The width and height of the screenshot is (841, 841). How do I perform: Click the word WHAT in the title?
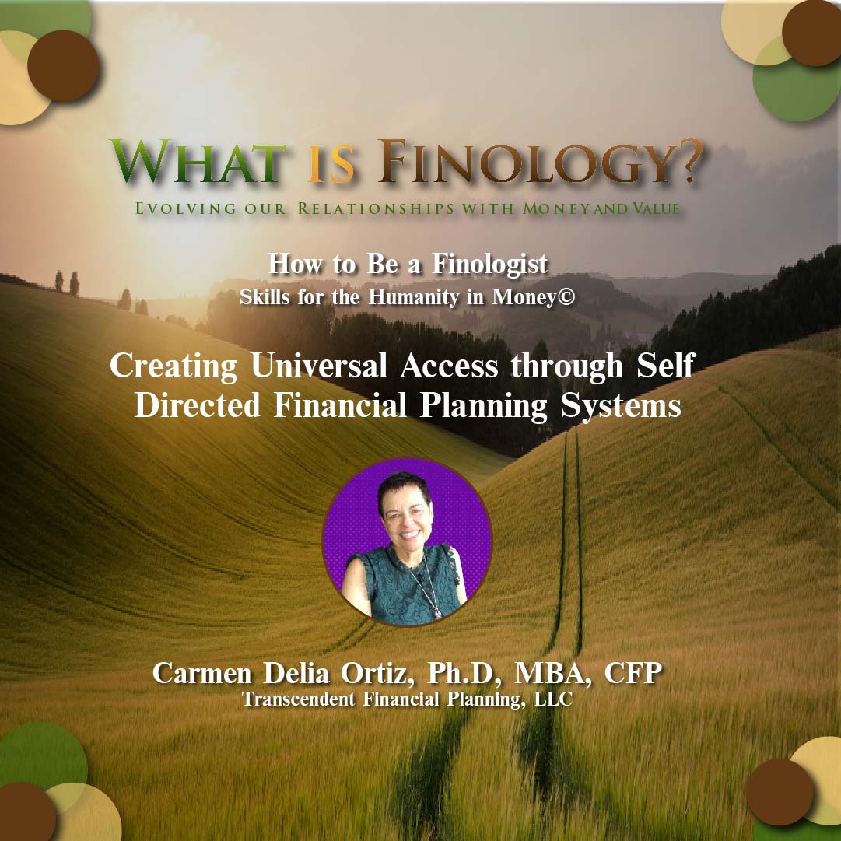[198, 162]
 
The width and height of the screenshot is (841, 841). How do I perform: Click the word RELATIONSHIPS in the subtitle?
[376, 208]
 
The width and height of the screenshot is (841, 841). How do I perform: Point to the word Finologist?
[490, 265]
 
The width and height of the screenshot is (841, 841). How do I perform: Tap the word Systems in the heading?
[621, 407]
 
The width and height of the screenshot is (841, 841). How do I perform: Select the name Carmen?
[201, 673]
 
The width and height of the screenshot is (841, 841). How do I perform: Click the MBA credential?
[552, 673]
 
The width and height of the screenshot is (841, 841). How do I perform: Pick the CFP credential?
[633, 673]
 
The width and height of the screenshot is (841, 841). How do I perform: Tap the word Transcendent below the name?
[298, 699]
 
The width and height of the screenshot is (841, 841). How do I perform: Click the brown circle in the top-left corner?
[63, 65]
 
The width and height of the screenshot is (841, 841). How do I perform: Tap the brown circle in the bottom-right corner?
[780, 792]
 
